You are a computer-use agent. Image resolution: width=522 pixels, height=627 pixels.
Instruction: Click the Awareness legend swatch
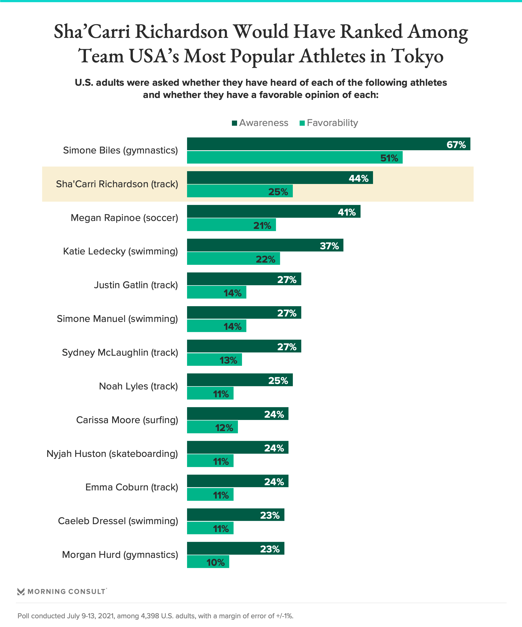[234, 123]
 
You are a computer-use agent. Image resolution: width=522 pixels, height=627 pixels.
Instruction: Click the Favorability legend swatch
[302, 123]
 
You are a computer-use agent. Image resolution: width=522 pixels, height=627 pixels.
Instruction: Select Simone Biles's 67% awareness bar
[328, 144]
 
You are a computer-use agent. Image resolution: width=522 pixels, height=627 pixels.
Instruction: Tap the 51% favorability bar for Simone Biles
[294, 157]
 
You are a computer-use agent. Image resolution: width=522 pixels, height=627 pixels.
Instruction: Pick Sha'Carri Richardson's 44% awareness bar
[279, 178]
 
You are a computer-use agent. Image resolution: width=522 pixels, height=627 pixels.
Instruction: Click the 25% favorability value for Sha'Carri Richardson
[278, 192]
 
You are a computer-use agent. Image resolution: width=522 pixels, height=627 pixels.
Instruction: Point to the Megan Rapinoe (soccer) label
[124, 218]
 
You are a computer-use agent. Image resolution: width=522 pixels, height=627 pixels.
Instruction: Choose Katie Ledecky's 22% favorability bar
[233, 259]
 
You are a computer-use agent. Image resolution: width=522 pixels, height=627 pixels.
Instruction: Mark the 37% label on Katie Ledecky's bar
[329, 246]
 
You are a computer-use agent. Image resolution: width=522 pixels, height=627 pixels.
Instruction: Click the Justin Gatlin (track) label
[136, 285]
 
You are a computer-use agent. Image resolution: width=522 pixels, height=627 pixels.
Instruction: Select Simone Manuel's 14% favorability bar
[217, 326]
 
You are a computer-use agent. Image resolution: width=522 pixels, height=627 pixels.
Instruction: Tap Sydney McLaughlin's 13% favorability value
[228, 360]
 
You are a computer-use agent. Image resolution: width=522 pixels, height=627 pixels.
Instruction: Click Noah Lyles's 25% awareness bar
[240, 380]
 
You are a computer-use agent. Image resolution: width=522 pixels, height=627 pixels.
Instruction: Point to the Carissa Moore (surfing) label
[127, 420]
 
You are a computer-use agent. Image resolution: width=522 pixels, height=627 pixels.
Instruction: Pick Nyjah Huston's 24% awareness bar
[237, 447]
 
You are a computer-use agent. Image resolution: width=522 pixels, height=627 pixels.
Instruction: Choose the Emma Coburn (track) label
[132, 487]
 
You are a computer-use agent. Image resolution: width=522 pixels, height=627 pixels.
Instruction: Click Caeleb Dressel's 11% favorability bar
[210, 528]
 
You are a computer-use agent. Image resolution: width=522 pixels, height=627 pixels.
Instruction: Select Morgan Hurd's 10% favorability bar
[208, 562]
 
